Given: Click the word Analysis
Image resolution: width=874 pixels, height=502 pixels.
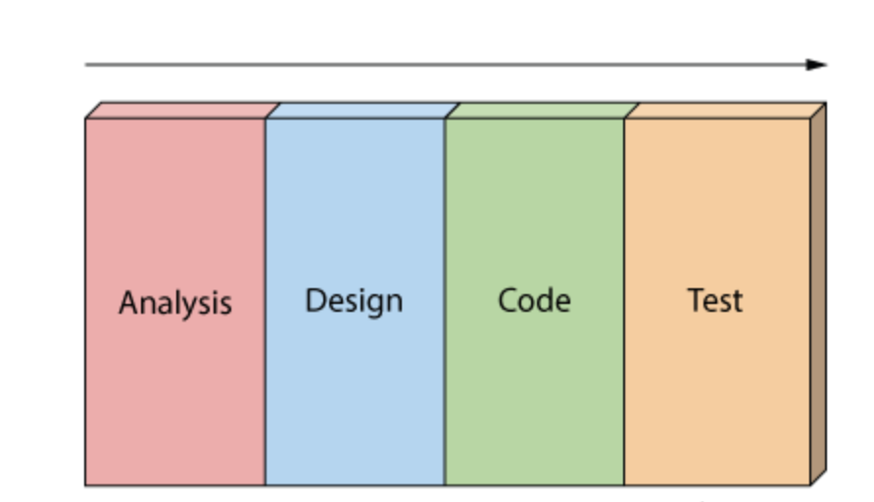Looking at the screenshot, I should pos(175,302).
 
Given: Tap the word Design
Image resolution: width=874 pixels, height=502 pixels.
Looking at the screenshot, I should pos(354,300).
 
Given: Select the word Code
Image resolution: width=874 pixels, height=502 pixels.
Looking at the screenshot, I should pos(534,299).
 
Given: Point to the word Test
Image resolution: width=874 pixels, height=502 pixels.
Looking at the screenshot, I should pos(715,300).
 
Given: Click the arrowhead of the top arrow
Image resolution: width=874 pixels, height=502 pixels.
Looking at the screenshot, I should pos(818,65).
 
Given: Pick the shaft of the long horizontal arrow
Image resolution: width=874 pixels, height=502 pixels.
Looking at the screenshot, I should pos(441,65).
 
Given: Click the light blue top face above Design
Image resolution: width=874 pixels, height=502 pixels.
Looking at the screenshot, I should pos(360,110).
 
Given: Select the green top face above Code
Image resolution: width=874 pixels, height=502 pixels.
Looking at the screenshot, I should pos(540,110).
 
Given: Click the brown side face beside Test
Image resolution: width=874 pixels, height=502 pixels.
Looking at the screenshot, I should pos(818,294).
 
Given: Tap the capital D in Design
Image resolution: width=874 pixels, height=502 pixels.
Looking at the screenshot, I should pos(314,299).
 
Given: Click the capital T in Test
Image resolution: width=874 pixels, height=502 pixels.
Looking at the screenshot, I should pos(695,299).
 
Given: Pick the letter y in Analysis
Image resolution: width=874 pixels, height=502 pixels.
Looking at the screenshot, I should pos(192,305).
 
